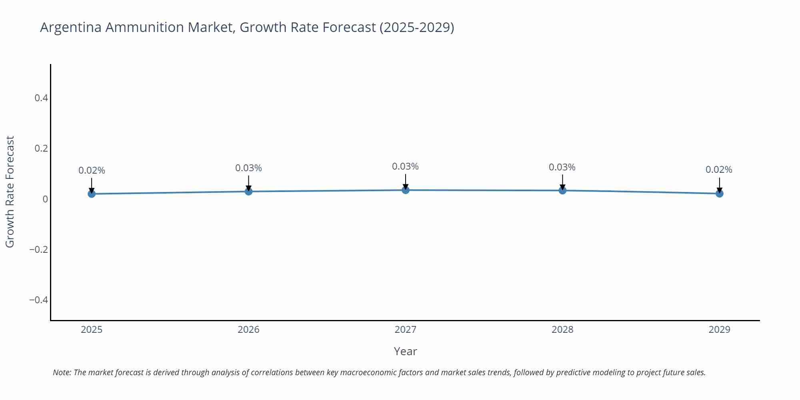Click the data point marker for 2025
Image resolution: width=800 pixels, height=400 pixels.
[92, 194]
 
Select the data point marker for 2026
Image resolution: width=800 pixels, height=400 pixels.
[248, 191]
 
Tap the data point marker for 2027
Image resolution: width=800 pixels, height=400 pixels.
[406, 190]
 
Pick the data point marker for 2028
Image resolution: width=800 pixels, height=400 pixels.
[562, 190]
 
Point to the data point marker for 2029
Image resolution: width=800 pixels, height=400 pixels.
[719, 194]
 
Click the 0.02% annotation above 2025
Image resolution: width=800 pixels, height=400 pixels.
[92, 170]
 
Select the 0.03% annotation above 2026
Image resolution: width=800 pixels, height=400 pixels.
[248, 168]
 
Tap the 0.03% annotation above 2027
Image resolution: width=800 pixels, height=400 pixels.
[405, 166]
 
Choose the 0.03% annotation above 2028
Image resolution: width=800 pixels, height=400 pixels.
[562, 167]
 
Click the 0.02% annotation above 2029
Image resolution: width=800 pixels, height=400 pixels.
[719, 170]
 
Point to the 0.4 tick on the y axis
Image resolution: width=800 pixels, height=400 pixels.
[41, 98]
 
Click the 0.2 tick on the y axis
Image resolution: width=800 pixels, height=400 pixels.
[41, 148]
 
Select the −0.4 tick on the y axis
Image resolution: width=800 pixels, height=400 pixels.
[38, 300]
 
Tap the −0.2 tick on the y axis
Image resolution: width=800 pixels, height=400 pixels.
[38, 250]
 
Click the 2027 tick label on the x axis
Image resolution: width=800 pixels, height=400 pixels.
[405, 330]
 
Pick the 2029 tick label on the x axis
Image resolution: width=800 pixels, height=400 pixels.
[719, 330]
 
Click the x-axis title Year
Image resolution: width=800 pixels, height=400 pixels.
[405, 351]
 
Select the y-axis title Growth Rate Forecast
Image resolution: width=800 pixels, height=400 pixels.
[10, 192]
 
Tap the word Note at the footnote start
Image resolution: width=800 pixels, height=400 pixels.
[62, 372]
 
